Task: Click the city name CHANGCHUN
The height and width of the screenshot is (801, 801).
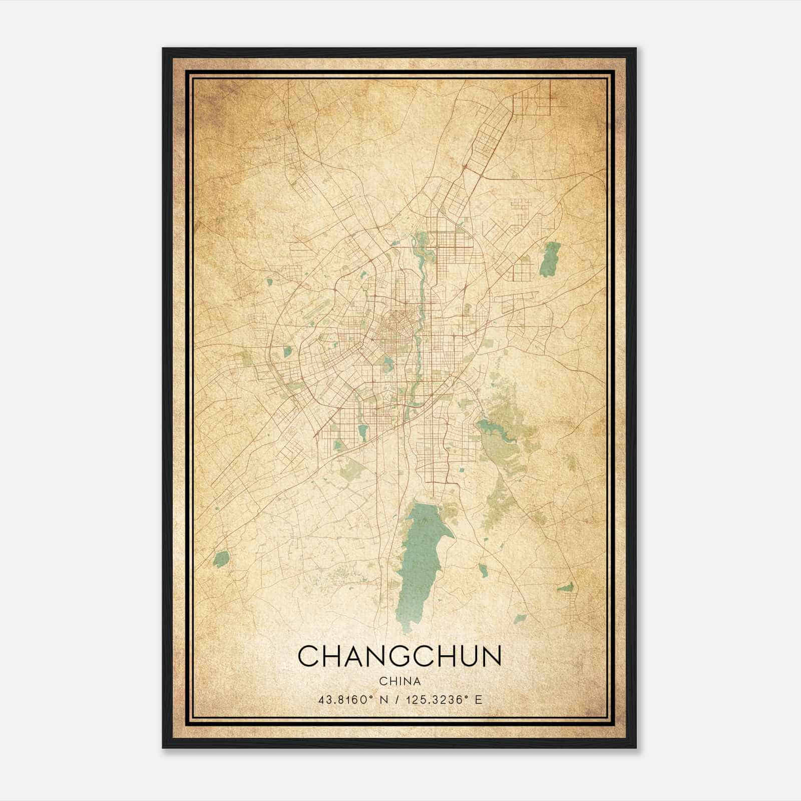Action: [399, 656]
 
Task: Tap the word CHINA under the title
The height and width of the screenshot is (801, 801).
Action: [399, 681]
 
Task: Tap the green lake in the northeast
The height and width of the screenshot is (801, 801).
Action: [551, 259]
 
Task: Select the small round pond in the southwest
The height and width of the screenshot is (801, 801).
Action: [221, 559]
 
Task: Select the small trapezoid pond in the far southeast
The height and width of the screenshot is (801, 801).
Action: [566, 587]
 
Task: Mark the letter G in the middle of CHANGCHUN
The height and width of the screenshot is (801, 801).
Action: [395, 656]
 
